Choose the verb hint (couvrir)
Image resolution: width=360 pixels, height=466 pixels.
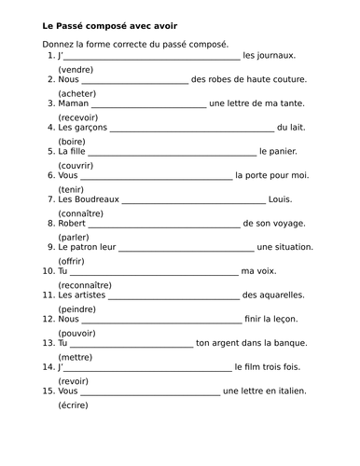click(x=77, y=165)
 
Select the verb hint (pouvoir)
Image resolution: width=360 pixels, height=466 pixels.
click(x=77, y=332)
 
